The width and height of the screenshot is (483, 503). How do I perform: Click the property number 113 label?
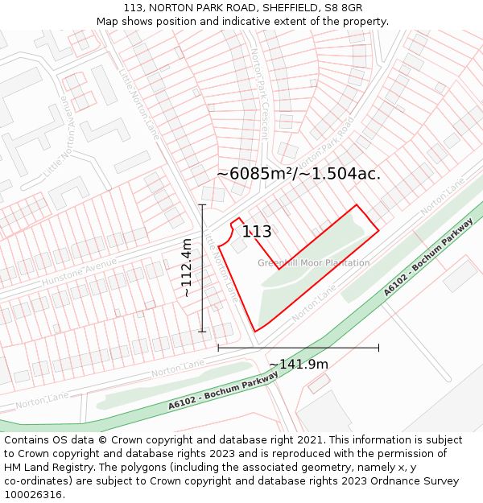point(257,232)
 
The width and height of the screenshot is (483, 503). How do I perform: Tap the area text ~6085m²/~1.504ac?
point(299,174)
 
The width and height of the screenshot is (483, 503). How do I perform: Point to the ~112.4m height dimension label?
point(187,268)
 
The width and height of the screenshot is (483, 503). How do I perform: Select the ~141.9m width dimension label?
point(299,365)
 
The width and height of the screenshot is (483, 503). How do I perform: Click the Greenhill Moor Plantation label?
point(314,263)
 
